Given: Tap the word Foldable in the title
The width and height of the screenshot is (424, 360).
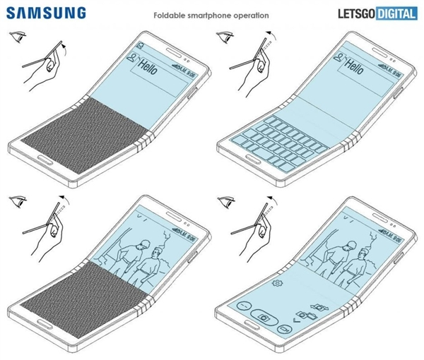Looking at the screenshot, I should (171, 14).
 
